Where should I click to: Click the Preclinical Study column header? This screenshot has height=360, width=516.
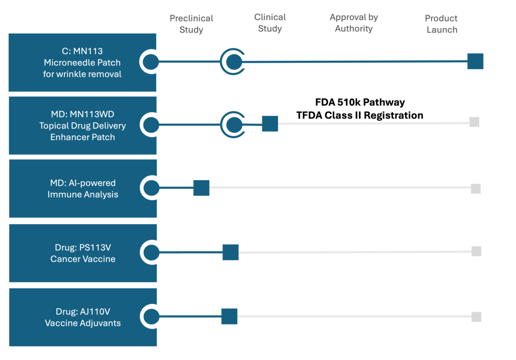point(191,24)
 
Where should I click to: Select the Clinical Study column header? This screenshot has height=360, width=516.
point(270,23)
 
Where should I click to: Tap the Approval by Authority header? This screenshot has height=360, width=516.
point(353,23)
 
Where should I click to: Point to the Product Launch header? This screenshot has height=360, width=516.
point(441,24)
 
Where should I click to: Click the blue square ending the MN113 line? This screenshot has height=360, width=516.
point(476,61)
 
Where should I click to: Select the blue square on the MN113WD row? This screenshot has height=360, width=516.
point(270,124)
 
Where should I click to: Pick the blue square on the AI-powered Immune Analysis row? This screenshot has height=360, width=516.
point(201,188)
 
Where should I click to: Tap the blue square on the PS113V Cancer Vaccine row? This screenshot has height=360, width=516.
point(230,252)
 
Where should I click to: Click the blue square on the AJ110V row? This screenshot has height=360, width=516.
point(229,317)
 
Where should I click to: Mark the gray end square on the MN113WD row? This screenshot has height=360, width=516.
point(474,122)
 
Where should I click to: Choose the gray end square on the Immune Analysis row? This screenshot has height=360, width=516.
point(476,189)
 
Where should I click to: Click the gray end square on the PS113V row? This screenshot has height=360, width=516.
point(476,251)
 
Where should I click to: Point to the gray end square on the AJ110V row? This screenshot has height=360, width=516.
point(476,317)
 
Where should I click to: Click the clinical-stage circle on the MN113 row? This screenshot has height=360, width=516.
point(233,62)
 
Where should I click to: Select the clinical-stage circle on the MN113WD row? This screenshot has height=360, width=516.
point(234,125)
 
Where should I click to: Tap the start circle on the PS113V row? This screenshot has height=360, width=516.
point(151,252)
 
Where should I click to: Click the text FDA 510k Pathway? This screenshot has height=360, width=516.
point(359,102)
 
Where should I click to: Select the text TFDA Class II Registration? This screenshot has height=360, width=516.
point(359,115)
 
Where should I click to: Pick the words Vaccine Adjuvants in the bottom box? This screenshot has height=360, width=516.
point(83,323)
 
